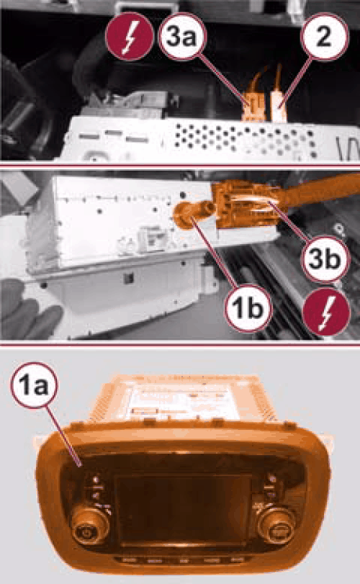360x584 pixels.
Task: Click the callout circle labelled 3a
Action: click(x=181, y=37)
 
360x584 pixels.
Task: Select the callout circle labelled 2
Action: click(x=324, y=37)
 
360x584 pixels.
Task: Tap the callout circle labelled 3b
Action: click(x=324, y=258)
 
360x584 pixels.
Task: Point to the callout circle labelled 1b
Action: click(x=248, y=308)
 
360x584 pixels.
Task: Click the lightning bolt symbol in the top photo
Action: click(x=129, y=37)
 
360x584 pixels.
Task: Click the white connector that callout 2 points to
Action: click(x=279, y=106)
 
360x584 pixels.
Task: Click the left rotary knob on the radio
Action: click(x=91, y=526)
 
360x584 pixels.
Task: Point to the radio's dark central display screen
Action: click(x=182, y=510)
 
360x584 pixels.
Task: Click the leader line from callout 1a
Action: click(x=63, y=436)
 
